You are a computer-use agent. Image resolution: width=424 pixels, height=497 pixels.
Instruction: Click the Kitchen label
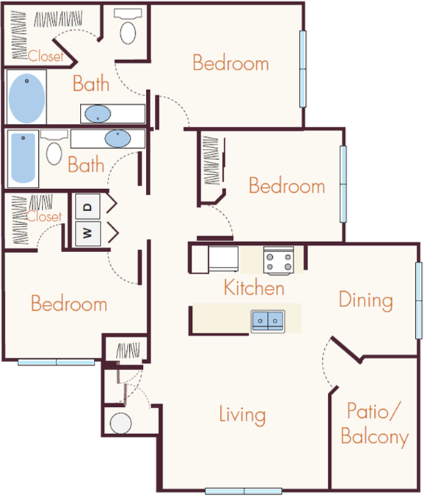coord(254,287)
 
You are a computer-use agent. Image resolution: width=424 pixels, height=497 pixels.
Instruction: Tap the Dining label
coord(365,300)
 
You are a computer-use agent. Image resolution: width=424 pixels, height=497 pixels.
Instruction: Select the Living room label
coord(242,415)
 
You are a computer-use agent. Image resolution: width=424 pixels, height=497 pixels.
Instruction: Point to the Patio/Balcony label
coord(374,424)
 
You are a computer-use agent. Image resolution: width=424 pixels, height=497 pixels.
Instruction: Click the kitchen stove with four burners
coord(279,260)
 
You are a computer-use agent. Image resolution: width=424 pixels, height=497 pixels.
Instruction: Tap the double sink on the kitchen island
coord(268,320)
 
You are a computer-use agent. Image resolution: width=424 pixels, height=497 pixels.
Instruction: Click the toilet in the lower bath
coord(54,151)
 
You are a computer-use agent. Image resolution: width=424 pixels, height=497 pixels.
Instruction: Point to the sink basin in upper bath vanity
coord(98,114)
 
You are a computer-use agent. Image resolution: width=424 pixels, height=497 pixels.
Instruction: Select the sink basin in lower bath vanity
coord(117,138)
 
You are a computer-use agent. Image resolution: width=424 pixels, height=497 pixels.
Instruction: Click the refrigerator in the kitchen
coord(222,258)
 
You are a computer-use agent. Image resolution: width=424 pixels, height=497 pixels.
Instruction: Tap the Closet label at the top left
coord(44,56)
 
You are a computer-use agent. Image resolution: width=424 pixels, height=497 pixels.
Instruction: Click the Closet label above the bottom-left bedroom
coord(45,217)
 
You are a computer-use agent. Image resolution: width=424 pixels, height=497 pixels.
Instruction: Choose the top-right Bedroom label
coord(230,63)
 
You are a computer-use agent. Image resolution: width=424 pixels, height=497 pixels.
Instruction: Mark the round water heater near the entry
coord(120,423)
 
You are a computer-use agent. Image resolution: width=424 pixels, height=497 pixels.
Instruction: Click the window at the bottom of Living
coord(243,490)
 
